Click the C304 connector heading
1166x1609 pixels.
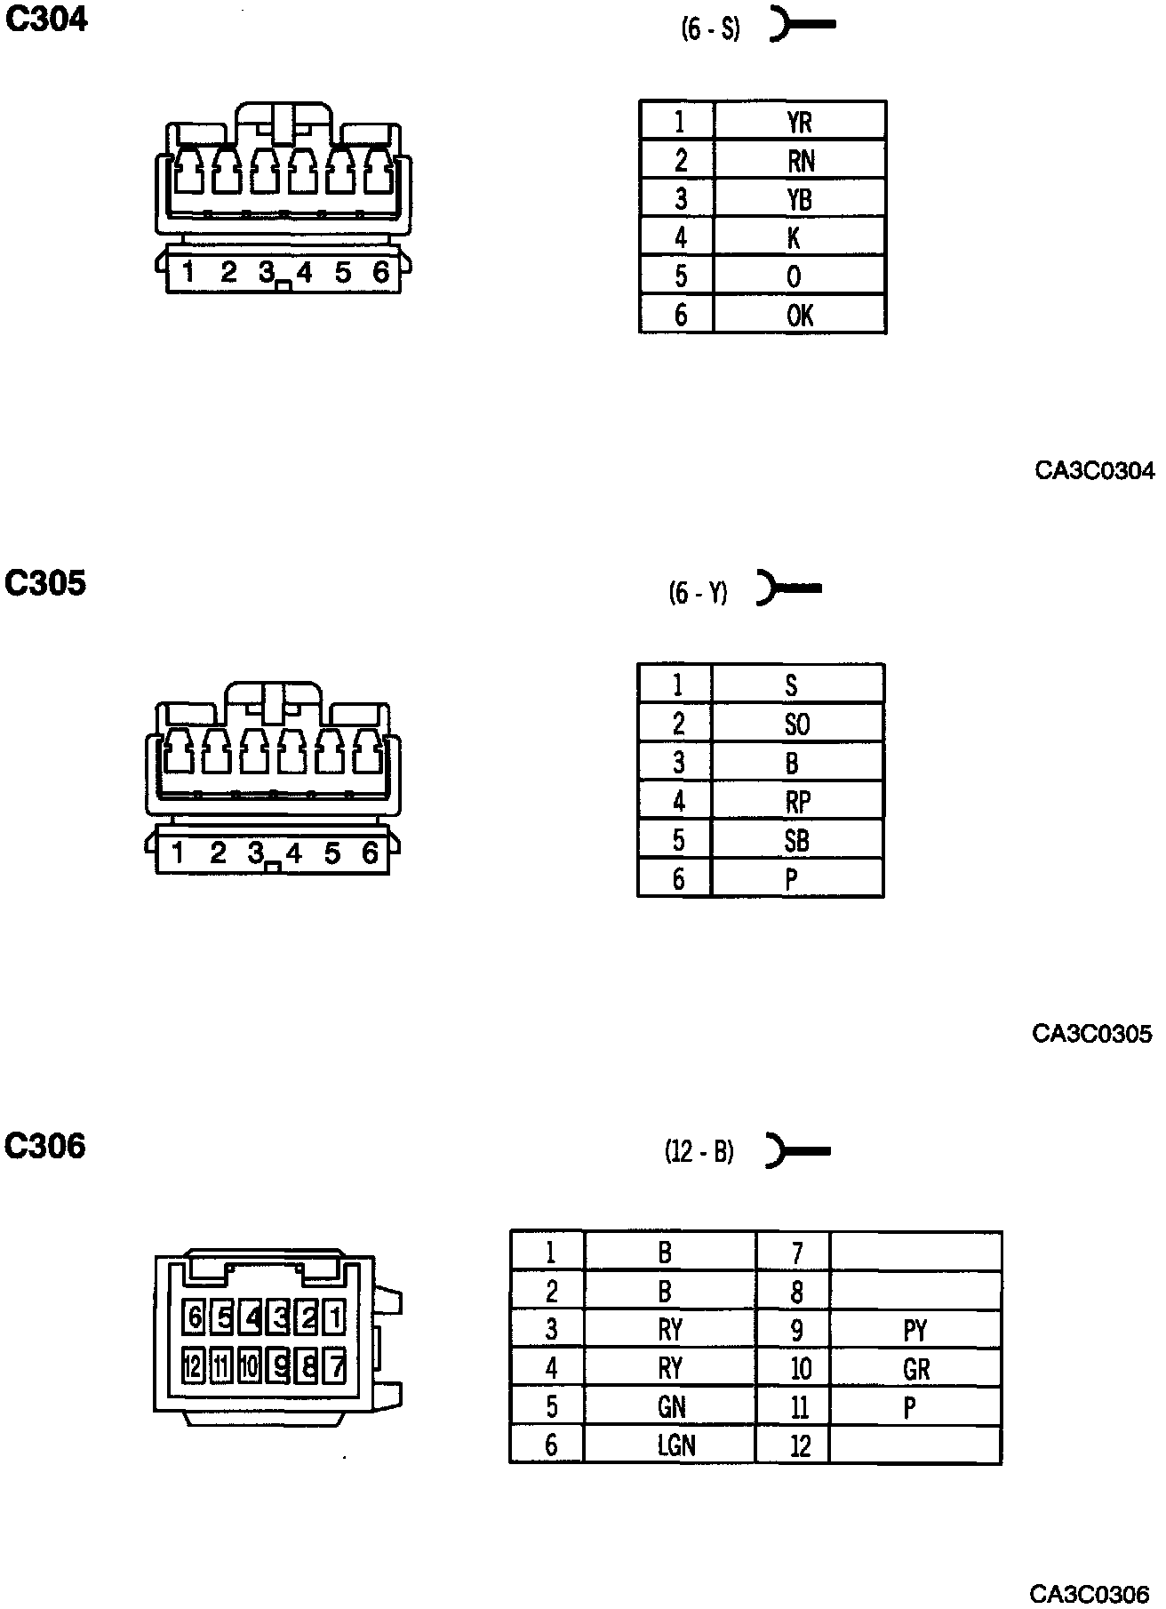[47, 20]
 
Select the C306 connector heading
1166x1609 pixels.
[45, 1146]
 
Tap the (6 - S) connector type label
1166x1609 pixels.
[711, 28]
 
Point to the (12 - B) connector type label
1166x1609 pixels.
[699, 1152]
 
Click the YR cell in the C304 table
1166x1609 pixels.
[800, 121]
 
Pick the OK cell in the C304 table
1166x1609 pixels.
[800, 315]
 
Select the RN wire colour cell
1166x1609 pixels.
[800, 160]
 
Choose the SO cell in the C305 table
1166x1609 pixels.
[797, 724]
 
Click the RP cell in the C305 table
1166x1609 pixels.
[797, 802]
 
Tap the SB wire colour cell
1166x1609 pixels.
[797, 840]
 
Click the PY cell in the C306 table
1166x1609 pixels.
[915, 1330]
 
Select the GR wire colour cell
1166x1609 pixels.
[915, 1369]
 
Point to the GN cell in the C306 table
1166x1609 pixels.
[671, 1407]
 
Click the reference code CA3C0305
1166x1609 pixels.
[1092, 1034]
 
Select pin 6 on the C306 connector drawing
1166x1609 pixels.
[195, 1317]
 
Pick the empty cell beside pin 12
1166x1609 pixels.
[915, 1445]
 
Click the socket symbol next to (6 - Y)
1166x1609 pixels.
[788, 588]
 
